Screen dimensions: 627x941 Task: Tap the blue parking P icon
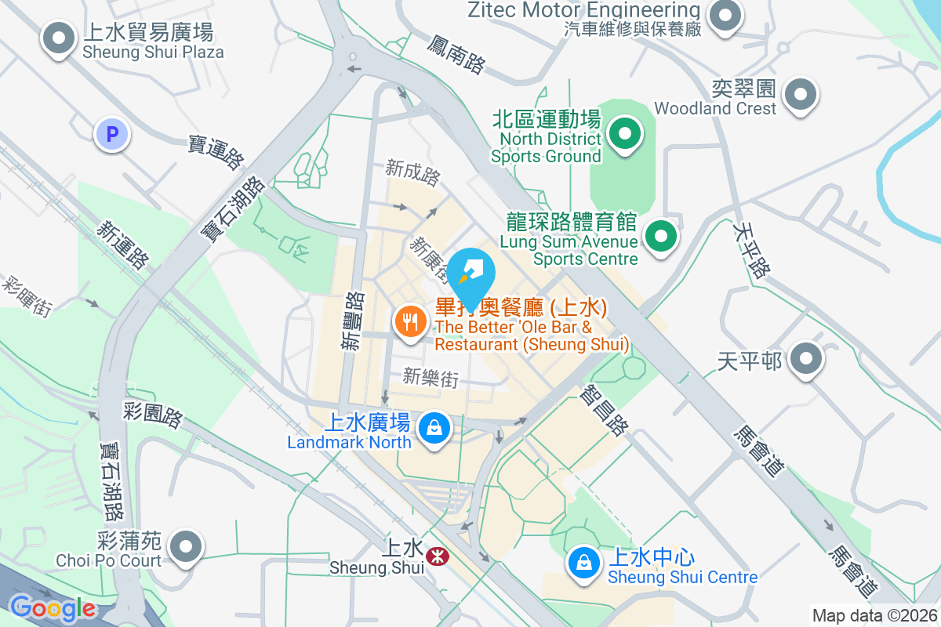pyautogui.click(x=112, y=134)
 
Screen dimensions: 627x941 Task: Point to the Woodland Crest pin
pyautogui.click(x=800, y=95)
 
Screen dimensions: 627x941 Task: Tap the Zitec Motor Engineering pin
pyautogui.click(x=725, y=16)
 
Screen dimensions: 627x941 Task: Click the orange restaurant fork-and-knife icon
pyautogui.click(x=409, y=320)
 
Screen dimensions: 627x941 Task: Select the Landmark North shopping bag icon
pyautogui.click(x=432, y=428)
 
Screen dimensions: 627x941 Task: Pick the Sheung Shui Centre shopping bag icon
pyautogui.click(x=583, y=563)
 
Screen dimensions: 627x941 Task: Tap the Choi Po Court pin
pyautogui.click(x=186, y=546)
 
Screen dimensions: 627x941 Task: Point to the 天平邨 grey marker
pyautogui.click(x=805, y=361)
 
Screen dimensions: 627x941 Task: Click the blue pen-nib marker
pyautogui.click(x=474, y=274)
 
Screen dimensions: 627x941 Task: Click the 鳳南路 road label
pyautogui.click(x=457, y=53)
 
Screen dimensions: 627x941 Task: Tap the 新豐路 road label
pyautogui.click(x=352, y=321)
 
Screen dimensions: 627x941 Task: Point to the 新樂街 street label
pyautogui.click(x=430, y=378)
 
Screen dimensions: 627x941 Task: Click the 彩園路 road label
pyautogui.click(x=153, y=415)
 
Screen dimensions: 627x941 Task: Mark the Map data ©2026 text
pyautogui.click(x=874, y=615)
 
